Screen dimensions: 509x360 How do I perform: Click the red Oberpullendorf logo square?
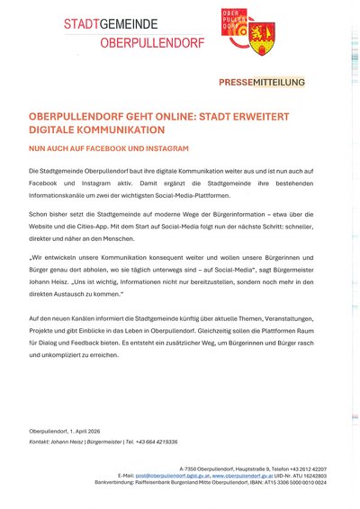coord(235,28)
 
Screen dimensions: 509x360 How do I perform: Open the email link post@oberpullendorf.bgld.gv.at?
coord(174,476)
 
